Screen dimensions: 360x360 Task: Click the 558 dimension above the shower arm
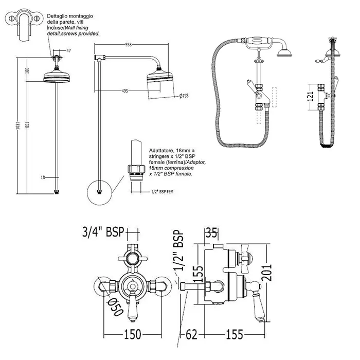tap(128, 45)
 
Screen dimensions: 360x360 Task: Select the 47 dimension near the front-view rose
tap(69, 51)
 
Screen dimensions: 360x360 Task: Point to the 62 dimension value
tap(191, 335)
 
